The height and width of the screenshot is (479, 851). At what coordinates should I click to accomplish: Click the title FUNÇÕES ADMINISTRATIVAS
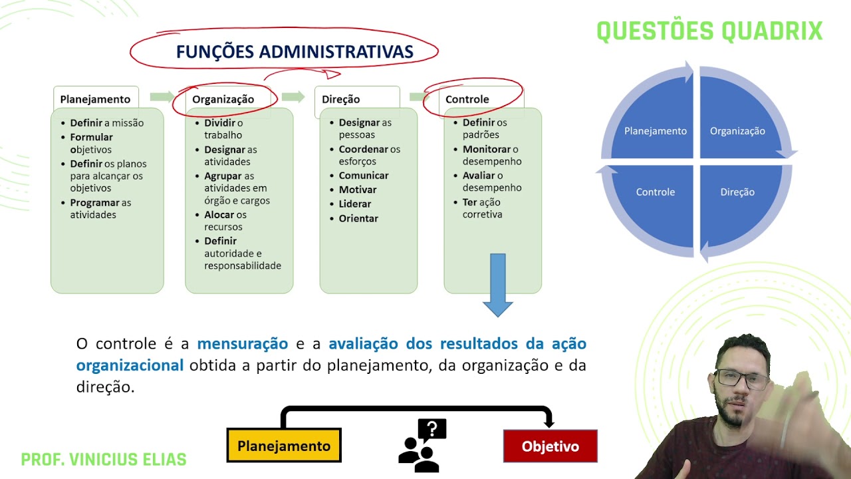pyautogui.click(x=295, y=52)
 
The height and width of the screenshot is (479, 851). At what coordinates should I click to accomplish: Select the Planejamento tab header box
pyautogui.click(x=96, y=99)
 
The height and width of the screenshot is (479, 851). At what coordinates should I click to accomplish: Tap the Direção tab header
pyautogui.click(x=341, y=99)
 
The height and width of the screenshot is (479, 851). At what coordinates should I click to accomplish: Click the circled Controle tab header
pyautogui.click(x=467, y=99)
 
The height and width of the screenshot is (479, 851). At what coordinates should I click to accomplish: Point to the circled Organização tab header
pyautogui.click(x=223, y=99)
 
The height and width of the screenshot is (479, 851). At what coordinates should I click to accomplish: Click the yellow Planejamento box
pyautogui.click(x=284, y=446)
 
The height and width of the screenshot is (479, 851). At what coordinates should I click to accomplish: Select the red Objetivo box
pyautogui.click(x=550, y=446)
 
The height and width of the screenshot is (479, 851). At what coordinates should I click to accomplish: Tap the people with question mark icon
pyautogui.click(x=422, y=445)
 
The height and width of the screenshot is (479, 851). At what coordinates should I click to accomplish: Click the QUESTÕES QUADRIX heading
pyautogui.click(x=709, y=31)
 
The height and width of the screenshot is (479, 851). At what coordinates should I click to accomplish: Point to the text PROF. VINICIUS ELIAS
pyautogui.click(x=104, y=460)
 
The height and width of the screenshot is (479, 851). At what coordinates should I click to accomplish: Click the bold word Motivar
pyautogui.click(x=358, y=190)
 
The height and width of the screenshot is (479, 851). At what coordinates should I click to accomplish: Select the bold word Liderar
pyautogui.click(x=355, y=204)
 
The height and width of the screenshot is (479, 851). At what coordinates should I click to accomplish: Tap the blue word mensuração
pyautogui.click(x=243, y=344)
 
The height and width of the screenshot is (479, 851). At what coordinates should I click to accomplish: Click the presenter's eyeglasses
pyautogui.click(x=742, y=379)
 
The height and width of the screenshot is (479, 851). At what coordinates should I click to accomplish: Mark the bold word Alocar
pyautogui.click(x=219, y=215)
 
